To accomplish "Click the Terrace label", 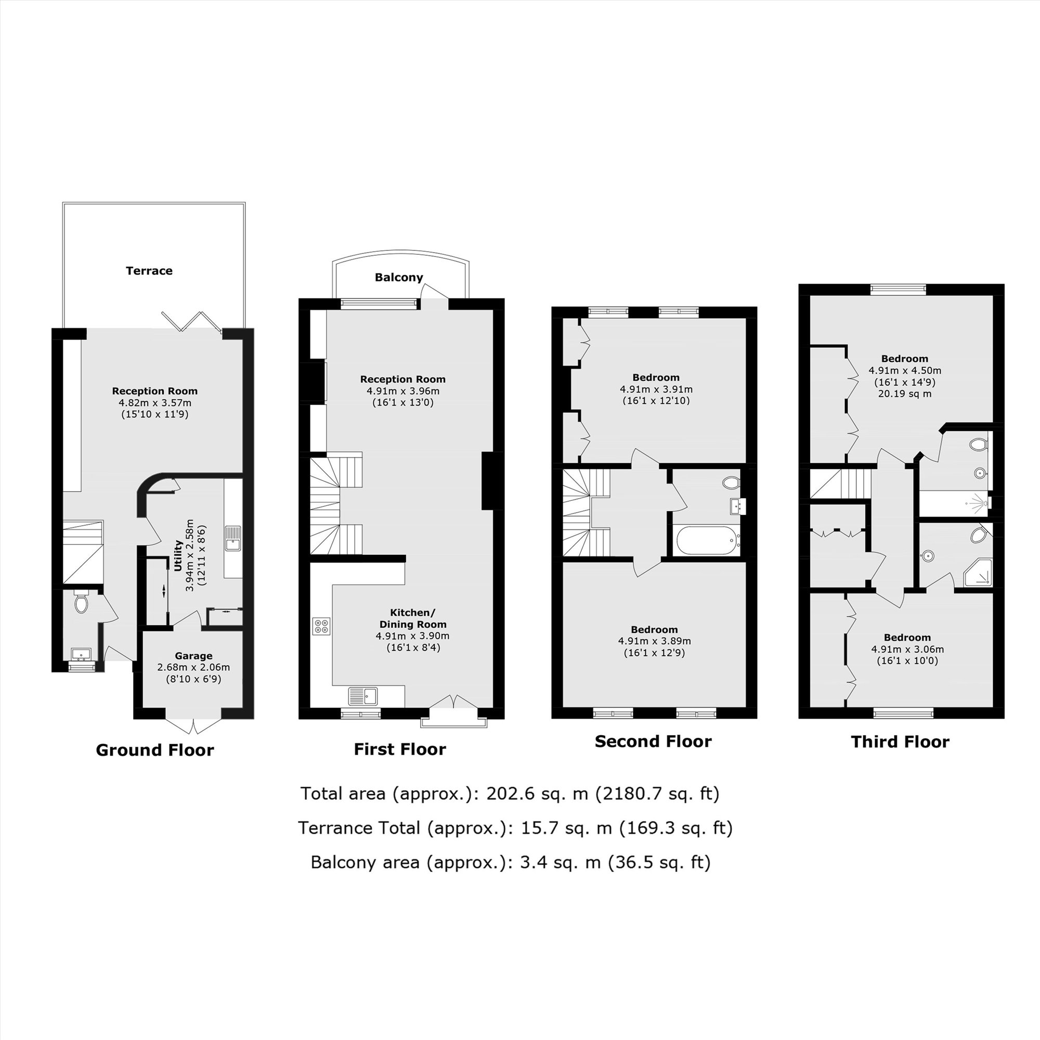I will (149, 271).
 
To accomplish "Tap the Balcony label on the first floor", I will (399, 277).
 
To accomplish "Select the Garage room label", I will (193, 656).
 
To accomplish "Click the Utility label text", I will (178, 555).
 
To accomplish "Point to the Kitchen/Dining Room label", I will (412, 618).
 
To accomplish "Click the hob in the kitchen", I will (322, 626).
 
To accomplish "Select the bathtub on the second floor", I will (707, 540).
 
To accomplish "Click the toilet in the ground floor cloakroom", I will (81, 602).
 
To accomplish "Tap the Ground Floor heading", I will (154, 750).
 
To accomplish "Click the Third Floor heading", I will (900, 742).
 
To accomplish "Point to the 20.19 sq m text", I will (904, 394).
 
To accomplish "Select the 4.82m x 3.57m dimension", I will (155, 402).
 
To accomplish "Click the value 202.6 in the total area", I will (505, 794).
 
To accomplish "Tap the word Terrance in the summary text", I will (358, 828).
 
